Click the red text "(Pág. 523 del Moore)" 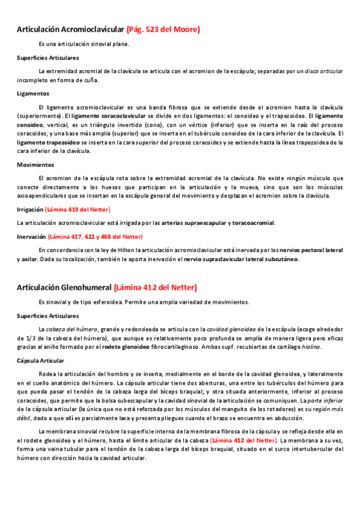(163, 29)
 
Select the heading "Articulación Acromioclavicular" (71, 29)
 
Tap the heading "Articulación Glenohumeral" (64, 288)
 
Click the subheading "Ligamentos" (33, 94)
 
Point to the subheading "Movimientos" (35, 164)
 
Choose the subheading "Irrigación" (30, 209)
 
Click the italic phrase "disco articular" (323, 71)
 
